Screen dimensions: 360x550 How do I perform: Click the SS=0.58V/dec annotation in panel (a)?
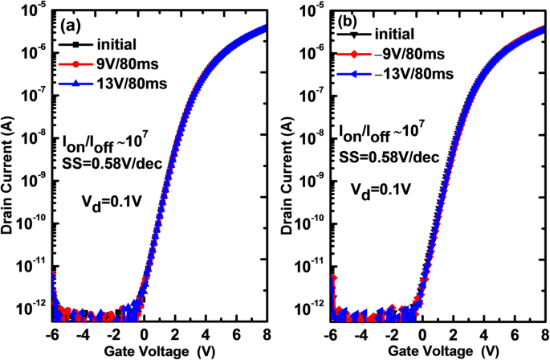tap(104, 163)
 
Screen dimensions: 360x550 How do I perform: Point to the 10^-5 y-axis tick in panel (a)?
tap(36, 10)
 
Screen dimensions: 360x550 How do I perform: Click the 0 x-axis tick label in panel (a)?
tap(143, 335)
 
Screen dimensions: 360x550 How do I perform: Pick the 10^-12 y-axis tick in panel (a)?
tap(35, 309)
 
